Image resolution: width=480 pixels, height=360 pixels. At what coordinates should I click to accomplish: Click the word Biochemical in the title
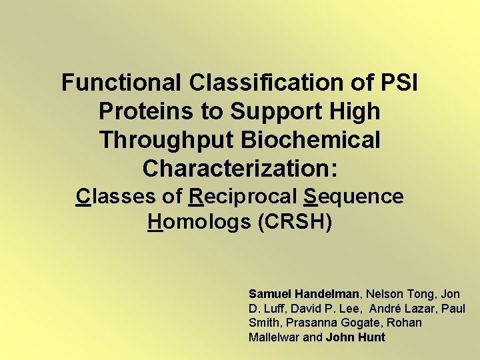pyautogui.click(x=317, y=140)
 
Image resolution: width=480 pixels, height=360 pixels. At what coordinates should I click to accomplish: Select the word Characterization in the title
pyautogui.click(x=237, y=169)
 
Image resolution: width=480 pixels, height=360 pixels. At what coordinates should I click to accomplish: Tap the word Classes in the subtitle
pyautogui.click(x=115, y=197)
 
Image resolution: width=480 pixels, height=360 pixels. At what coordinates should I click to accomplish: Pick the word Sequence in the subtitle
pyautogui.click(x=353, y=197)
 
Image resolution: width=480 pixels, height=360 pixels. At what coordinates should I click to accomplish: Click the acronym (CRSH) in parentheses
pyautogui.click(x=295, y=222)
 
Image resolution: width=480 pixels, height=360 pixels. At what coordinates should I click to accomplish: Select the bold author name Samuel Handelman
pyautogui.click(x=304, y=293)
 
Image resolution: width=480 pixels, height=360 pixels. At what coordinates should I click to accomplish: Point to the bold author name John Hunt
pyautogui.click(x=355, y=337)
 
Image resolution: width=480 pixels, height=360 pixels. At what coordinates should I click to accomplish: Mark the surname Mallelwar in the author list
pyautogui.click(x=274, y=337)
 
